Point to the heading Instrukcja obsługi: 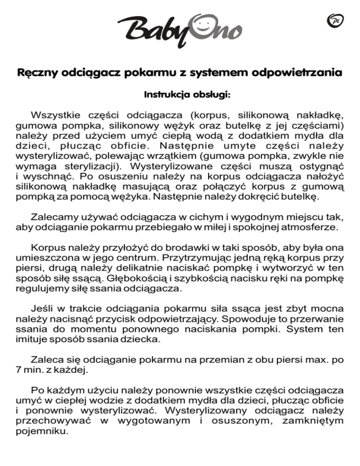pyautogui.click(x=180, y=95)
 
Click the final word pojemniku pyautogui.click(x=41, y=434)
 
